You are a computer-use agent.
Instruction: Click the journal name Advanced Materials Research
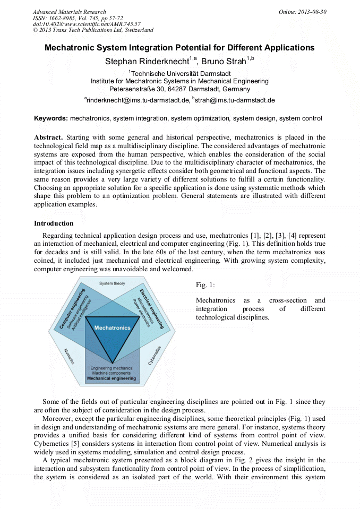click(69, 12)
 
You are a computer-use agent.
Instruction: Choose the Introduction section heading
click(54, 223)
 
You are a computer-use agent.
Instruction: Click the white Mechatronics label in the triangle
click(112, 328)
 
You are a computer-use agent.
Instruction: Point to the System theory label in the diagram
click(112, 284)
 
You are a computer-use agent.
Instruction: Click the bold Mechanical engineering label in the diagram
click(112, 378)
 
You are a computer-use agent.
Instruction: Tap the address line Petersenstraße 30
click(179, 89)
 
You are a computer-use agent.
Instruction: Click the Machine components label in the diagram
click(112, 373)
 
